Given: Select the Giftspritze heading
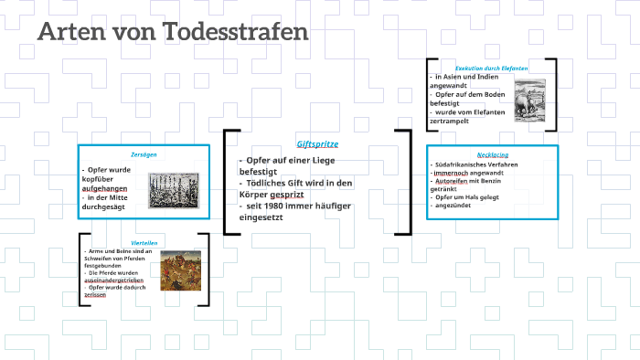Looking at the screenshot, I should (316, 144).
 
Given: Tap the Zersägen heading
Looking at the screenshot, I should (144, 154).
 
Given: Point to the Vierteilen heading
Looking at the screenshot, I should (144, 242).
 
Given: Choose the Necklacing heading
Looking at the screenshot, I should (492, 154).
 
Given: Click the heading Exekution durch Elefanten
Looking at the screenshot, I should (492, 68).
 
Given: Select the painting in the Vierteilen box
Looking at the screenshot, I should (181, 270).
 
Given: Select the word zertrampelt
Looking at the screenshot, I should (453, 120).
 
